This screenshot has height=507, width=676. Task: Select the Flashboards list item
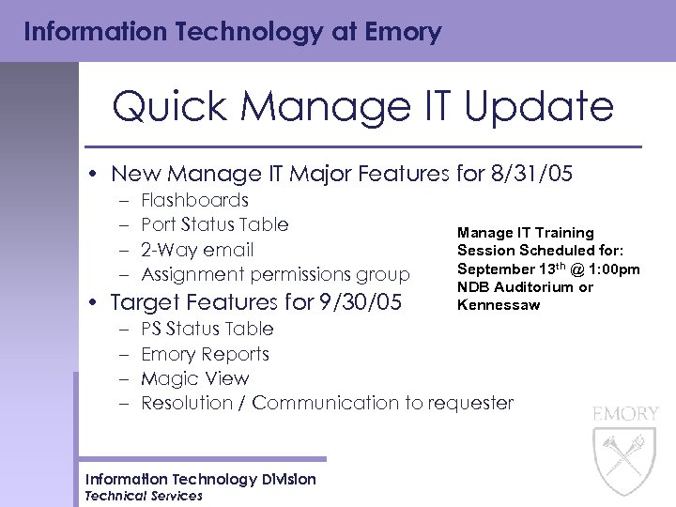pos(194,200)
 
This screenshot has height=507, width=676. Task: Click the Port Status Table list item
pos(214,224)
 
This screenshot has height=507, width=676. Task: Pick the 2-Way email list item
pos(197,250)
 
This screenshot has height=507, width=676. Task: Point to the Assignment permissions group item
pos(275,275)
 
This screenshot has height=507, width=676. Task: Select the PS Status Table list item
pos(207,329)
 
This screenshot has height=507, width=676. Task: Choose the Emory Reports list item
pos(205,354)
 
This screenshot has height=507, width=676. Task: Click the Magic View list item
pos(194,379)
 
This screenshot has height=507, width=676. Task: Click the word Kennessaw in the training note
pos(499,305)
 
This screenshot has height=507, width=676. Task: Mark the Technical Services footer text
pos(144,496)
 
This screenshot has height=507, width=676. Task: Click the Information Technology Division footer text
pos(201,480)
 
